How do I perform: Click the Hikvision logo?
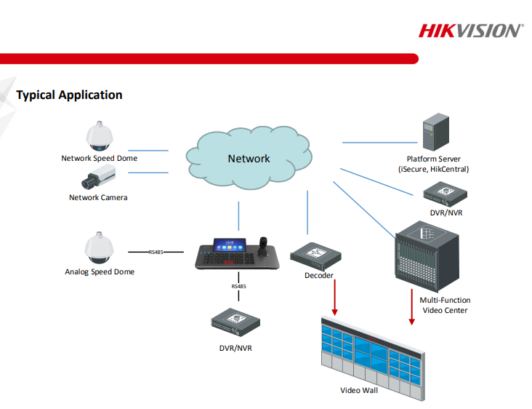click(470, 31)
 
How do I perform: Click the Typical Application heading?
click(69, 95)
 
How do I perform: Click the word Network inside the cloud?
click(249, 159)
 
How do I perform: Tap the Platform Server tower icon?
click(433, 132)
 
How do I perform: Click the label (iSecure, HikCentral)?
click(434, 169)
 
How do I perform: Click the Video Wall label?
click(359, 390)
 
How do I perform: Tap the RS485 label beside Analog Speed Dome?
click(156, 252)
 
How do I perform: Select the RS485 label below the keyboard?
click(238, 287)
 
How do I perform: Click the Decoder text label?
click(319, 275)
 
